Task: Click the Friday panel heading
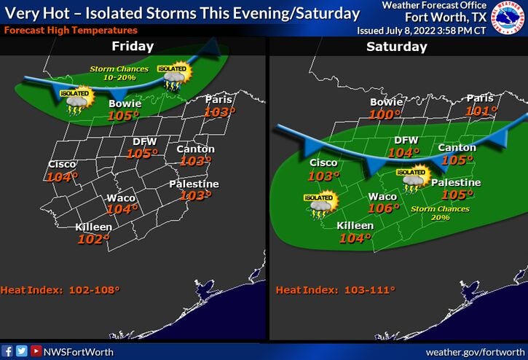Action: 133,46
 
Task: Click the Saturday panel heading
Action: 396,46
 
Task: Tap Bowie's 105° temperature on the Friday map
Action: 123,116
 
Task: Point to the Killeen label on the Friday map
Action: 94,227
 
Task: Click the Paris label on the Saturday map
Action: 480,98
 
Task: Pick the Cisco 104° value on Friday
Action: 61,176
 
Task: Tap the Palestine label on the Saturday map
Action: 456,182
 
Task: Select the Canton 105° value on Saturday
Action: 457,160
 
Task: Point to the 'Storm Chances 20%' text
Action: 439,213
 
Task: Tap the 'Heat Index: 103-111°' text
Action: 335,289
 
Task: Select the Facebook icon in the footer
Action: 7,351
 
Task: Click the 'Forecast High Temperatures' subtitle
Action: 70,31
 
